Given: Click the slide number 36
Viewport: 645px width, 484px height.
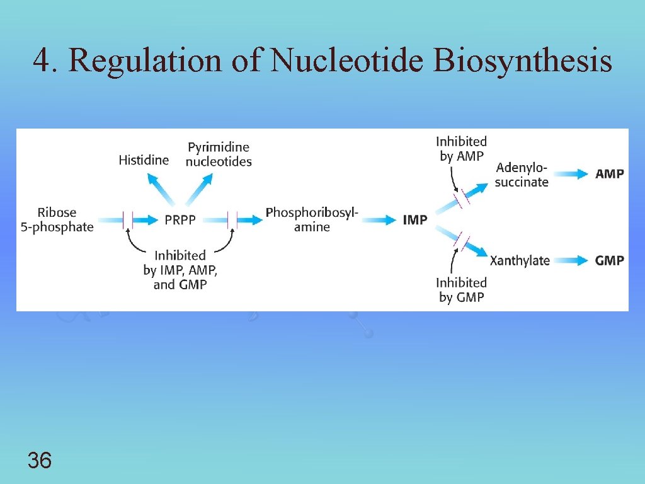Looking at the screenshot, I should point(40,461).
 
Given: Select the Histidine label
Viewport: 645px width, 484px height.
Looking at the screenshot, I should point(144,160).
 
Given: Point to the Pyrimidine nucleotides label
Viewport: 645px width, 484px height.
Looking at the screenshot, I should point(219,154).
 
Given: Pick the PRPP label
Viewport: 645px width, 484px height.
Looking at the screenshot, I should point(180,221).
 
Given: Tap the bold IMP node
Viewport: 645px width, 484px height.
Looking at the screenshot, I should point(414,221).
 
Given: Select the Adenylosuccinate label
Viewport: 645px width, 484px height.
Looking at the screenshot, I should point(522,175).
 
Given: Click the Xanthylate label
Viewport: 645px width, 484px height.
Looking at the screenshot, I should point(520,260).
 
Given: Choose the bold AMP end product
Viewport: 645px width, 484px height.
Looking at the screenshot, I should point(609,175).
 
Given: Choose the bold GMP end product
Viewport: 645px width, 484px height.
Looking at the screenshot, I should point(609,260).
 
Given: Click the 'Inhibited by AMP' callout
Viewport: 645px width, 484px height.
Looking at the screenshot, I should point(462,149).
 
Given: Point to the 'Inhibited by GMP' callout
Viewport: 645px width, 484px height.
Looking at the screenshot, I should point(462,290).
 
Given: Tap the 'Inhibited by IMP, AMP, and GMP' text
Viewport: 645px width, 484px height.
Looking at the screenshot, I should point(180,270).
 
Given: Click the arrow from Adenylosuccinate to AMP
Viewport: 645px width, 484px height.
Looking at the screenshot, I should point(571,175).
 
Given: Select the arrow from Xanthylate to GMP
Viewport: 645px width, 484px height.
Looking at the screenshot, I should point(571,260).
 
